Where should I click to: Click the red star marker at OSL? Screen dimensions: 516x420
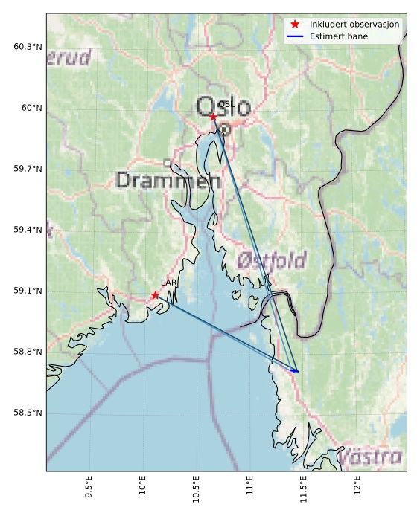click(213, 117)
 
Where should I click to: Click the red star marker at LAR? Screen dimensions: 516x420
click(156, 295)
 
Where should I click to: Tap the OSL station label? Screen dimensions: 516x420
click(226, 106)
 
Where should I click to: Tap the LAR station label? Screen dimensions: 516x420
click(168, 283)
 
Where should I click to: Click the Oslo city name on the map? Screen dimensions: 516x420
click(223, 106)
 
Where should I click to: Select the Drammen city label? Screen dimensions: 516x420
click(168, 181)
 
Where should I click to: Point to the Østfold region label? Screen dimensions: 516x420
click(272, 260)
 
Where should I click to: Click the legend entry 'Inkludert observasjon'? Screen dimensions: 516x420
click(354, 25)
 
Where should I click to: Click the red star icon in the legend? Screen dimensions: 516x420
click(295, 25)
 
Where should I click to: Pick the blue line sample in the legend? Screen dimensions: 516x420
click(295, 36)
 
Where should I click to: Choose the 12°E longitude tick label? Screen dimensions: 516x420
click(357, 488)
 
